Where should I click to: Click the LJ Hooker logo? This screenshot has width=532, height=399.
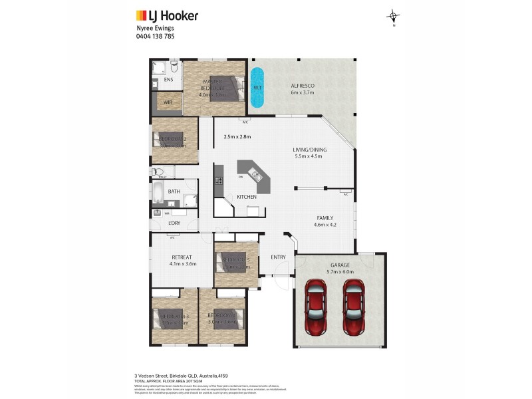coord(167,15)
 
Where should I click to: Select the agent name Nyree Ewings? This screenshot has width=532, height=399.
coord(154,29)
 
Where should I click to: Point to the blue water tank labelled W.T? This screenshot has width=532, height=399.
coord(257,88)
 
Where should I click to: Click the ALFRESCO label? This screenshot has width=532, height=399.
coord(302,86)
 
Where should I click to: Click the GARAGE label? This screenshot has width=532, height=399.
coord(339,265)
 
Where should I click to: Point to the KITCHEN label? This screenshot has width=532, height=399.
coord(247,197)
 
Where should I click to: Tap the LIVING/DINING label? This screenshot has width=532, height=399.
coord(307,150)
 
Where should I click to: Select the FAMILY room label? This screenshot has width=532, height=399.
coord(325,217)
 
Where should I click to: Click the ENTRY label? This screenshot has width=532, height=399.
coord(278,257)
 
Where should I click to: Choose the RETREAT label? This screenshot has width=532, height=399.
coord(182,257)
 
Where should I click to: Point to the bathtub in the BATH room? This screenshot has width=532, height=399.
coord(158,193)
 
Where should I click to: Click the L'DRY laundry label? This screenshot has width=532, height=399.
coord(175,223)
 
